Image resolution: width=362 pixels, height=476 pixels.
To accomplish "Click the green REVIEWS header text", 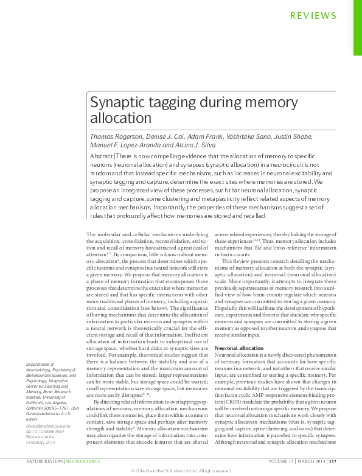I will pyautogui.click(x=313, y=16).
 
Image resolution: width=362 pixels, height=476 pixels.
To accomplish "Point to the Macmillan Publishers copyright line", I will pyautogui.click(x=181, y=471).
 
